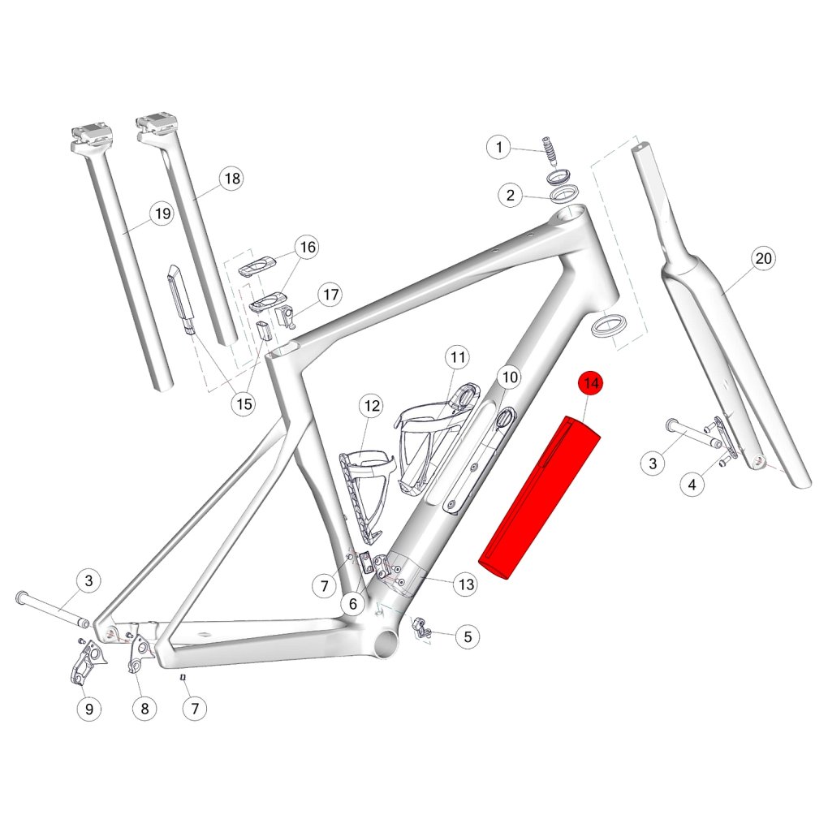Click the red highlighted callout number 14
coord(591,383)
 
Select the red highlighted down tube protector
coord(539,498)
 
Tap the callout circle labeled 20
coord(764,259)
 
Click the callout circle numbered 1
coord(499,147)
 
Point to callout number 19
coord(162,213)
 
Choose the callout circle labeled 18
coord(232,179)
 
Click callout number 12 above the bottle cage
coord(372,406)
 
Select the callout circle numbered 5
coord(468,637)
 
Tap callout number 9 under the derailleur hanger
coord(89,709)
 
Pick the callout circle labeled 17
coord(330,295)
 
